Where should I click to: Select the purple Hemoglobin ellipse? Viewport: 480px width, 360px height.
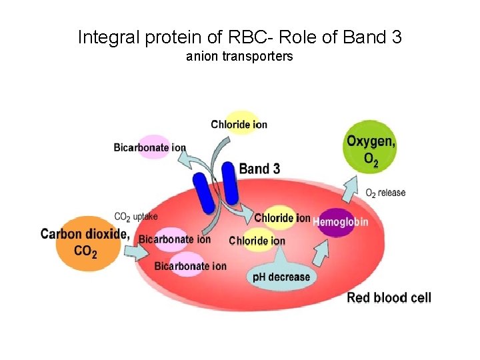tap(339, 222)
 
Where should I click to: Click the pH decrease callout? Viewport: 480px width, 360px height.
tap(281, 275)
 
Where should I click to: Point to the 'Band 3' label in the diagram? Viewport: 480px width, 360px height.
tap(259, 169)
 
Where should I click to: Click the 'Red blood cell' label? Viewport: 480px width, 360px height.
tap(389, 297)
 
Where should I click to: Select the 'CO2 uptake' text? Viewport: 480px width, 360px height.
tap(136, 217)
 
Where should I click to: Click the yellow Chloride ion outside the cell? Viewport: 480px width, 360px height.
tap(239, 124)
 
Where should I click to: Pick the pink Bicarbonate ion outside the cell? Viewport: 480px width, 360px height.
tap(149, 147)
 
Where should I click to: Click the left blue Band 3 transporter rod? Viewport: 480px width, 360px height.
tap(202, 193)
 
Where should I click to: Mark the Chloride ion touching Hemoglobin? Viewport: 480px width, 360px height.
tap(282, 217)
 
